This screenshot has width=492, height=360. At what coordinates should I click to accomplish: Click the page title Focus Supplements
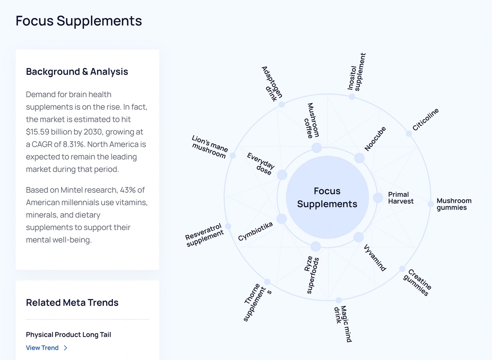tap(79, 21)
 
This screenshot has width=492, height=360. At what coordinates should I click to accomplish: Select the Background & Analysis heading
tap(77, 72)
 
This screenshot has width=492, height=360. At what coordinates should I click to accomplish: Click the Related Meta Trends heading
tap(72, 303)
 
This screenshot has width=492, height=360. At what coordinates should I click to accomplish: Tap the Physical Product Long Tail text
tap(68, 335)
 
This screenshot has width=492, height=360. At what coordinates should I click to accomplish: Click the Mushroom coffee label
tap(313, 120)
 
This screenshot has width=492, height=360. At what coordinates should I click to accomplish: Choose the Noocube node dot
tap(359, 158)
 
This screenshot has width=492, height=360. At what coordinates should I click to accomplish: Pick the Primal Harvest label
tap(401, 198)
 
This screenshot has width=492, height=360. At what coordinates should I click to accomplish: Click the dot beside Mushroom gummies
tap(430, 204)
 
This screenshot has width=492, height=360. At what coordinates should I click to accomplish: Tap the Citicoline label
tap(426, 119)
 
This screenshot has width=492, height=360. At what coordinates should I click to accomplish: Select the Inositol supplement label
tap(356, 72)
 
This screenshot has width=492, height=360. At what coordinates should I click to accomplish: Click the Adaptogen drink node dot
tap(282, 105)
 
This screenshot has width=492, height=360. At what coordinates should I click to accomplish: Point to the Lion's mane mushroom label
tap(210, 147)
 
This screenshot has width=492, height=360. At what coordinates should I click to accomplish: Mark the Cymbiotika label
tap(255, 231)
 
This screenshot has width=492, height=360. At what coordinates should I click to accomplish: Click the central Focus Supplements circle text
tap(327, 198)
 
